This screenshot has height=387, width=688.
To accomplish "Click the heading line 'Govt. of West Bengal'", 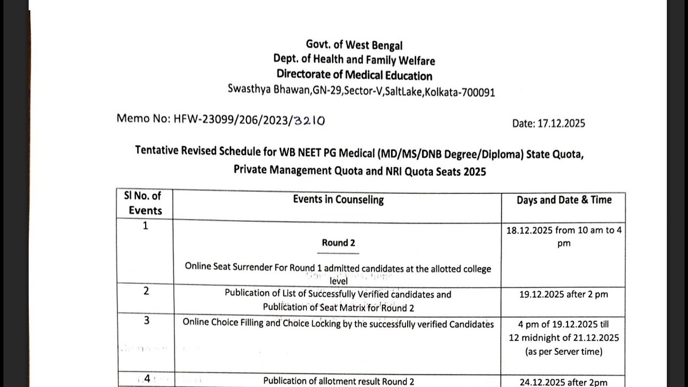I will (x=354, y=45).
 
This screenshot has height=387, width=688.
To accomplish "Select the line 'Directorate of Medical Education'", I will (x=354, y=75).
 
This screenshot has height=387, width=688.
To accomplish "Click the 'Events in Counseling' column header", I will (x=338, y=200).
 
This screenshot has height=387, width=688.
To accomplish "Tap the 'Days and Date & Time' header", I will (x=564, y=200).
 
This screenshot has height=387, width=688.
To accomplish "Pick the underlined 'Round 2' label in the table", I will (x=338, y=243).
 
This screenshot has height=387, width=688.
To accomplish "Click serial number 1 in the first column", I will (x=145, y=226).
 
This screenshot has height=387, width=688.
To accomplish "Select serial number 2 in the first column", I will (x=146, y=291).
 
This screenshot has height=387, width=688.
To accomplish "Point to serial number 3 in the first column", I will (x=146, y=320).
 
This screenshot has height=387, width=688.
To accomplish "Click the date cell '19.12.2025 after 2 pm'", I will (x=564, y=295).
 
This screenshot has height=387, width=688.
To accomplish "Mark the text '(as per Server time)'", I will (x=564, y=351).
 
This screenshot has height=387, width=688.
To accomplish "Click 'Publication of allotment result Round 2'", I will (x=338, y=381).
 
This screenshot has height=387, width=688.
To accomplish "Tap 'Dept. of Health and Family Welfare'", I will (x=354, y=60).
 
